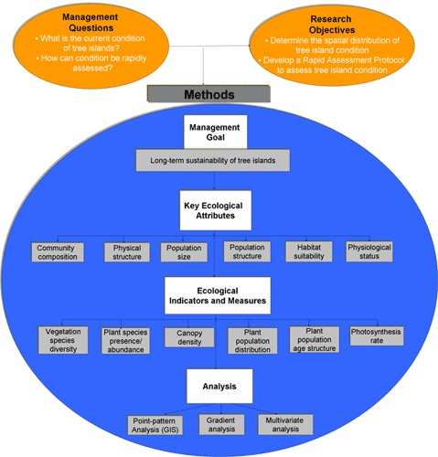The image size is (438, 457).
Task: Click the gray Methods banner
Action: click(x=208, y=94)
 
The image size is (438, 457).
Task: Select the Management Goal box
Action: click(x=215, y=132)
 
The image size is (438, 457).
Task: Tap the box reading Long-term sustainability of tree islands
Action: click(x=213, y=160)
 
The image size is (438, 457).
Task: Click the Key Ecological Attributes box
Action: click(x=216, y=210)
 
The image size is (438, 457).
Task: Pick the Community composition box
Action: click(x=58, y=252)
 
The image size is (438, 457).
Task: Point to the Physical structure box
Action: click(x=127, y=252)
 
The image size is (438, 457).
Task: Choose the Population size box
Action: click(x=184, y=252)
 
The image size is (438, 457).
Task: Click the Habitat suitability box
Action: click(x=309, y=251)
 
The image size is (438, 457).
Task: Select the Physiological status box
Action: click(x=369, y=251)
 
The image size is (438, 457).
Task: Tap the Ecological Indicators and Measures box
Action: click(x=218, y=295)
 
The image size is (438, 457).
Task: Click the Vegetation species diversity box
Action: click(x=63, y=340)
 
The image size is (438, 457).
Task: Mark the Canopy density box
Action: click(x=189, y=337)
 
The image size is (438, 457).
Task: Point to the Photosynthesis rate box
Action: click(x=377, y=335)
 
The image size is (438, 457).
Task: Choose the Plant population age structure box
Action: click(x=315, y=339)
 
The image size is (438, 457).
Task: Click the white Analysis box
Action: click(x=219, y=386)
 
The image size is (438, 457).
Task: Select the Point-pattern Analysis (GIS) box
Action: click(x=155, y=425)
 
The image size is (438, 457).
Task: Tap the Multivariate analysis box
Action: click(x=285, y=424)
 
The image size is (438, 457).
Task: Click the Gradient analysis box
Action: click(x=221, y=424)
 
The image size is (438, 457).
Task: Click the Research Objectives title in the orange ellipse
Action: click(x=331, y=25)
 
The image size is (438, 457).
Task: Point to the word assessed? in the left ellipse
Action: click(x=92, y=68)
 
